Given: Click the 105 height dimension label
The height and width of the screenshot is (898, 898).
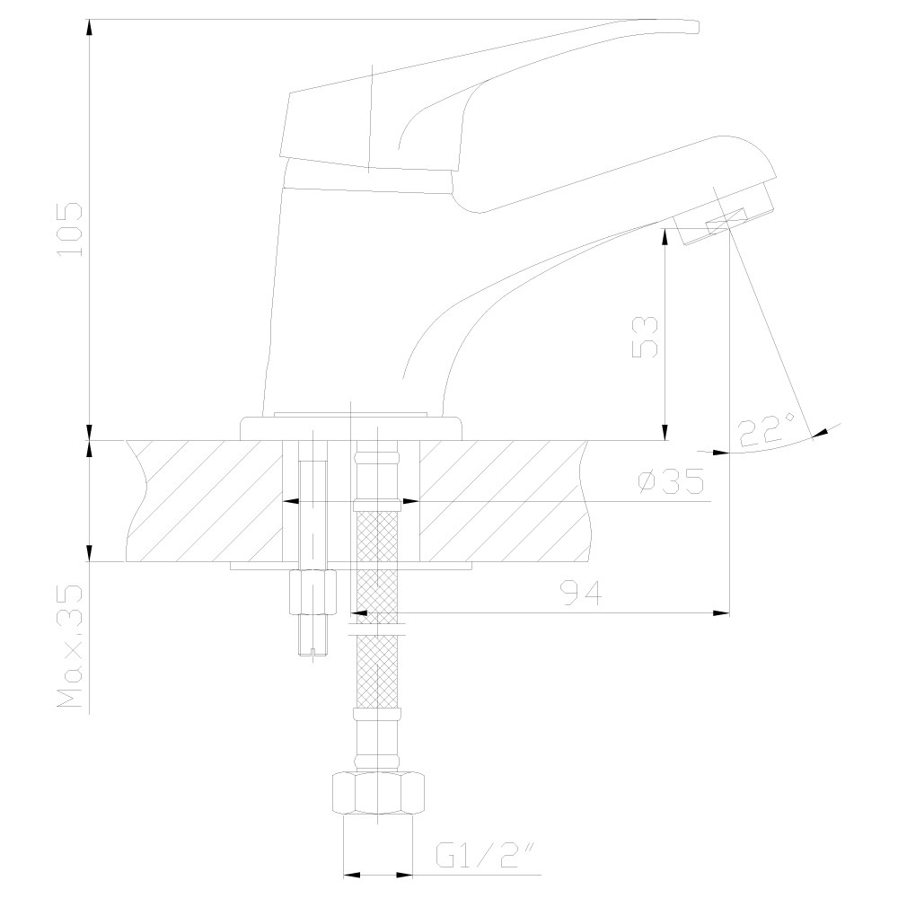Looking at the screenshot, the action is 71,228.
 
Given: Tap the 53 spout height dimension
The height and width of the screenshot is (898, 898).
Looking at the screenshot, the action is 645,337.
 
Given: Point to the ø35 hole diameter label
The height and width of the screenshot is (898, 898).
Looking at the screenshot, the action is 671,481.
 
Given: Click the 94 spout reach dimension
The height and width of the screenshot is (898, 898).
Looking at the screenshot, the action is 581,592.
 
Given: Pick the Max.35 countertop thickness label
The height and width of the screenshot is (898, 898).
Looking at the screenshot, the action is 70,646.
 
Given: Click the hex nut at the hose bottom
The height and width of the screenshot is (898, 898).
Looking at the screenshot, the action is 378,793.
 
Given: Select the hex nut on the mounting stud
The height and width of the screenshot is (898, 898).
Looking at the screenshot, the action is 313,592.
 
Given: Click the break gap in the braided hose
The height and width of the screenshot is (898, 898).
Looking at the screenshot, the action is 377,629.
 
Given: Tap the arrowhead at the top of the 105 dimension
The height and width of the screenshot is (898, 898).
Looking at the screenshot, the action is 89,27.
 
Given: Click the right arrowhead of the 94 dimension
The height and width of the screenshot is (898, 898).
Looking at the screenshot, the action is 721,612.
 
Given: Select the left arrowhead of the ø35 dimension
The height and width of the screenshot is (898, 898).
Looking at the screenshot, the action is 292,502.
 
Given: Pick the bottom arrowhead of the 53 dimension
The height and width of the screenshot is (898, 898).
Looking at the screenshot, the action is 665,433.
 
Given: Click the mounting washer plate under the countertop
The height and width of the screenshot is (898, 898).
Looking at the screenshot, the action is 351,566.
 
